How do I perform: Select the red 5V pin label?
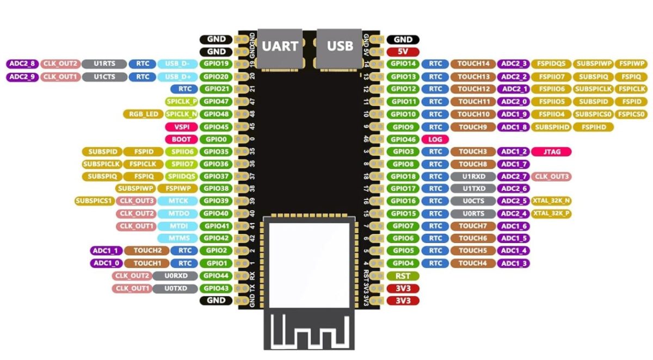tap(403, 52)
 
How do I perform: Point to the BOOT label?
tap(181, 139)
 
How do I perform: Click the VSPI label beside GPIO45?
tap(181, 127)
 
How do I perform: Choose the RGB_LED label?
tap(142, 114)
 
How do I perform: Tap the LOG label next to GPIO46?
tap(435, 139)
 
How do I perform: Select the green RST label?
tap(403, 276)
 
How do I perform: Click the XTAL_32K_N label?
tap(551, 201)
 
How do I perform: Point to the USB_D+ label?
tap(177, 77)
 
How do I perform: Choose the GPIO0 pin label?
tap(216, 139)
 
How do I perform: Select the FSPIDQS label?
tap(550, 64)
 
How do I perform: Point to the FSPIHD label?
tap(594, 127)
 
